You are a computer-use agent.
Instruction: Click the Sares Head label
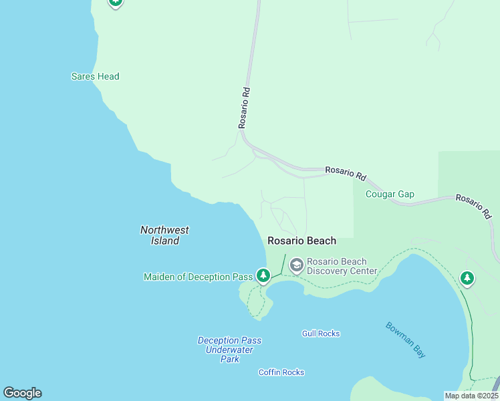point(95,76)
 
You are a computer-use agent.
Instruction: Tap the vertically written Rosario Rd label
point(245,107)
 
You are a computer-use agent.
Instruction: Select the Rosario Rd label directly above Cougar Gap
point(346,174)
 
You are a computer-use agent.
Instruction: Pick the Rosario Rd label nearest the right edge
point(473,207)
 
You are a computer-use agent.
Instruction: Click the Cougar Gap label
point(390,194)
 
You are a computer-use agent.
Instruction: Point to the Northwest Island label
point(164,235)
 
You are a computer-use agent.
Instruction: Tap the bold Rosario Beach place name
point(301,241)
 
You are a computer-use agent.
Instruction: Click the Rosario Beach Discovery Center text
point(342,266)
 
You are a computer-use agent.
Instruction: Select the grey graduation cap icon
point(296,266)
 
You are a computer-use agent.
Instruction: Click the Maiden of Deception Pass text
point(197,277)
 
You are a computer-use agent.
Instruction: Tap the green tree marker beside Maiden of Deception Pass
point(263,275)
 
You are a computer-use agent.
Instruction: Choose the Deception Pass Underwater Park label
point(229,350)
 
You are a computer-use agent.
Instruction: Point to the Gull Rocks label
point(321,333)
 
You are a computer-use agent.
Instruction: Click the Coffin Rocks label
point(281,372)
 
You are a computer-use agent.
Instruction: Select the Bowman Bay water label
point(405,340)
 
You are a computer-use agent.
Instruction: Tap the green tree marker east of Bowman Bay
point(467,278)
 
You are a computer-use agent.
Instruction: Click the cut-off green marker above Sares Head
point(116,2)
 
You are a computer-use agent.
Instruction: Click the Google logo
point(22,393)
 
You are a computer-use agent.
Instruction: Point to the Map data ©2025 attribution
point(471,396)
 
